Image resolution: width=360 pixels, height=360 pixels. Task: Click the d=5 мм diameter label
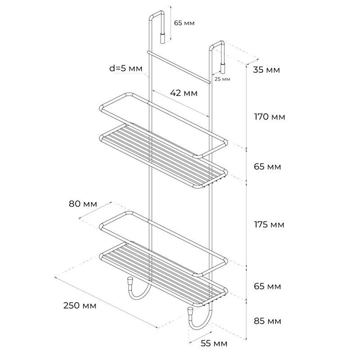[126, 68]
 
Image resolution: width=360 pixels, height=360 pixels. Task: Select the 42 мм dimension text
[184, 93]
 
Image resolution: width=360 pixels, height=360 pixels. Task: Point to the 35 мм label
[266, 70]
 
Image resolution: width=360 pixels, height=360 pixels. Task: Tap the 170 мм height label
[270, 117]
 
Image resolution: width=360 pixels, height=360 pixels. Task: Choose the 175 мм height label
[269, 224]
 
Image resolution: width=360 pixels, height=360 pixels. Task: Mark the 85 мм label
[267, 321]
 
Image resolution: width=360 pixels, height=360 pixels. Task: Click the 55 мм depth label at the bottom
[214, 343]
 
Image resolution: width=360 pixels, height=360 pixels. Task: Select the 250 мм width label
[80, 306]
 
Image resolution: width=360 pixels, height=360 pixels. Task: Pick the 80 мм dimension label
[83, 204]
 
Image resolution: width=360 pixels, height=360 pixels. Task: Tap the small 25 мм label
[222, 79]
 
